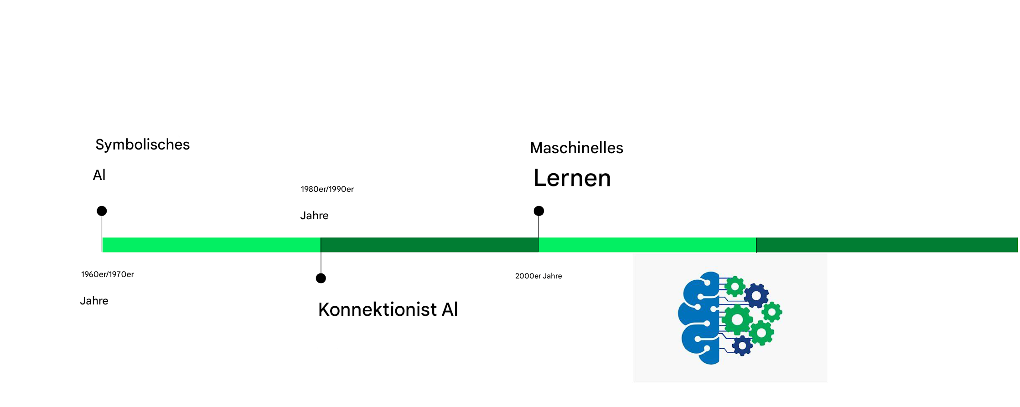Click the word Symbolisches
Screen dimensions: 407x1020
tap(142, 144)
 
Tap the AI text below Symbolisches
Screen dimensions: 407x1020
tap(99, 175)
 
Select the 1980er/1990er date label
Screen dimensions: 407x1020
tap(327, 189)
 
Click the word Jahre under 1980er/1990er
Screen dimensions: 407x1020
tap(314, 216)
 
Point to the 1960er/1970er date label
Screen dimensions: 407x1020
tap(108, 274)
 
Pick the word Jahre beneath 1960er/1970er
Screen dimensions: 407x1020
tap(94, 301)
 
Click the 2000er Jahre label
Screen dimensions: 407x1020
tap(538, 276)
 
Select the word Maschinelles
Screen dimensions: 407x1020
tap(576, 148)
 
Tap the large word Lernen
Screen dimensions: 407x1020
tap(572, 178)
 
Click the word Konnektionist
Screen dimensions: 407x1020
tap(378, 309)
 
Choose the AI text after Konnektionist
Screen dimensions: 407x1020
tap(450, 309)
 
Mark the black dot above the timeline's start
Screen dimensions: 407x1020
tap(102, 211)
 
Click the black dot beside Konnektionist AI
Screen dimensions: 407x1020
tap(321, 278)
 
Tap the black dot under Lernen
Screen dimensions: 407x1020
tap(539, 211)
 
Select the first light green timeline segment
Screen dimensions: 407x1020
tap(212, 245)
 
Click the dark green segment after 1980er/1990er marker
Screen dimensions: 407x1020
tap(430, 245)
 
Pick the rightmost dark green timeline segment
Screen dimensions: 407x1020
tap(887, 245)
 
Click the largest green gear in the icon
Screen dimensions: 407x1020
tap(737, 319)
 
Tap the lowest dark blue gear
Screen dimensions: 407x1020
tap(742, 346)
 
